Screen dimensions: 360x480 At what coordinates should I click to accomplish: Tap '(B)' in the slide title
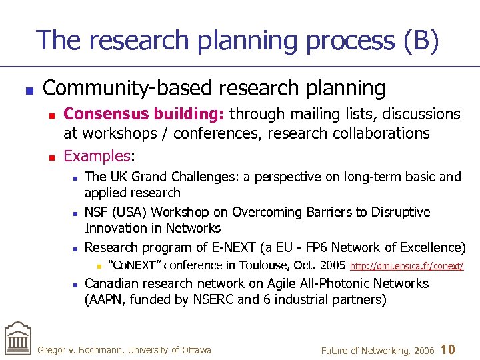point(421,41)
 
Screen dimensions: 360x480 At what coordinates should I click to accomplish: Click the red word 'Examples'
point(97,156)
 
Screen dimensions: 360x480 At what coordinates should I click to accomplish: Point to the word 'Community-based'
point(122,88)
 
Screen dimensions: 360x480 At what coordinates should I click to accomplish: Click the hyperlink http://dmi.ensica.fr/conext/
point(407,267)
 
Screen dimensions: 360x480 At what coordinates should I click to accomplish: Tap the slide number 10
point(449,349)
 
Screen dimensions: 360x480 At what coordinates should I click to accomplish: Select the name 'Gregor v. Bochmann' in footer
point(80,350)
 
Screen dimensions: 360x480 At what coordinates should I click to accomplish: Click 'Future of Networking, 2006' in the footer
point(378,350)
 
